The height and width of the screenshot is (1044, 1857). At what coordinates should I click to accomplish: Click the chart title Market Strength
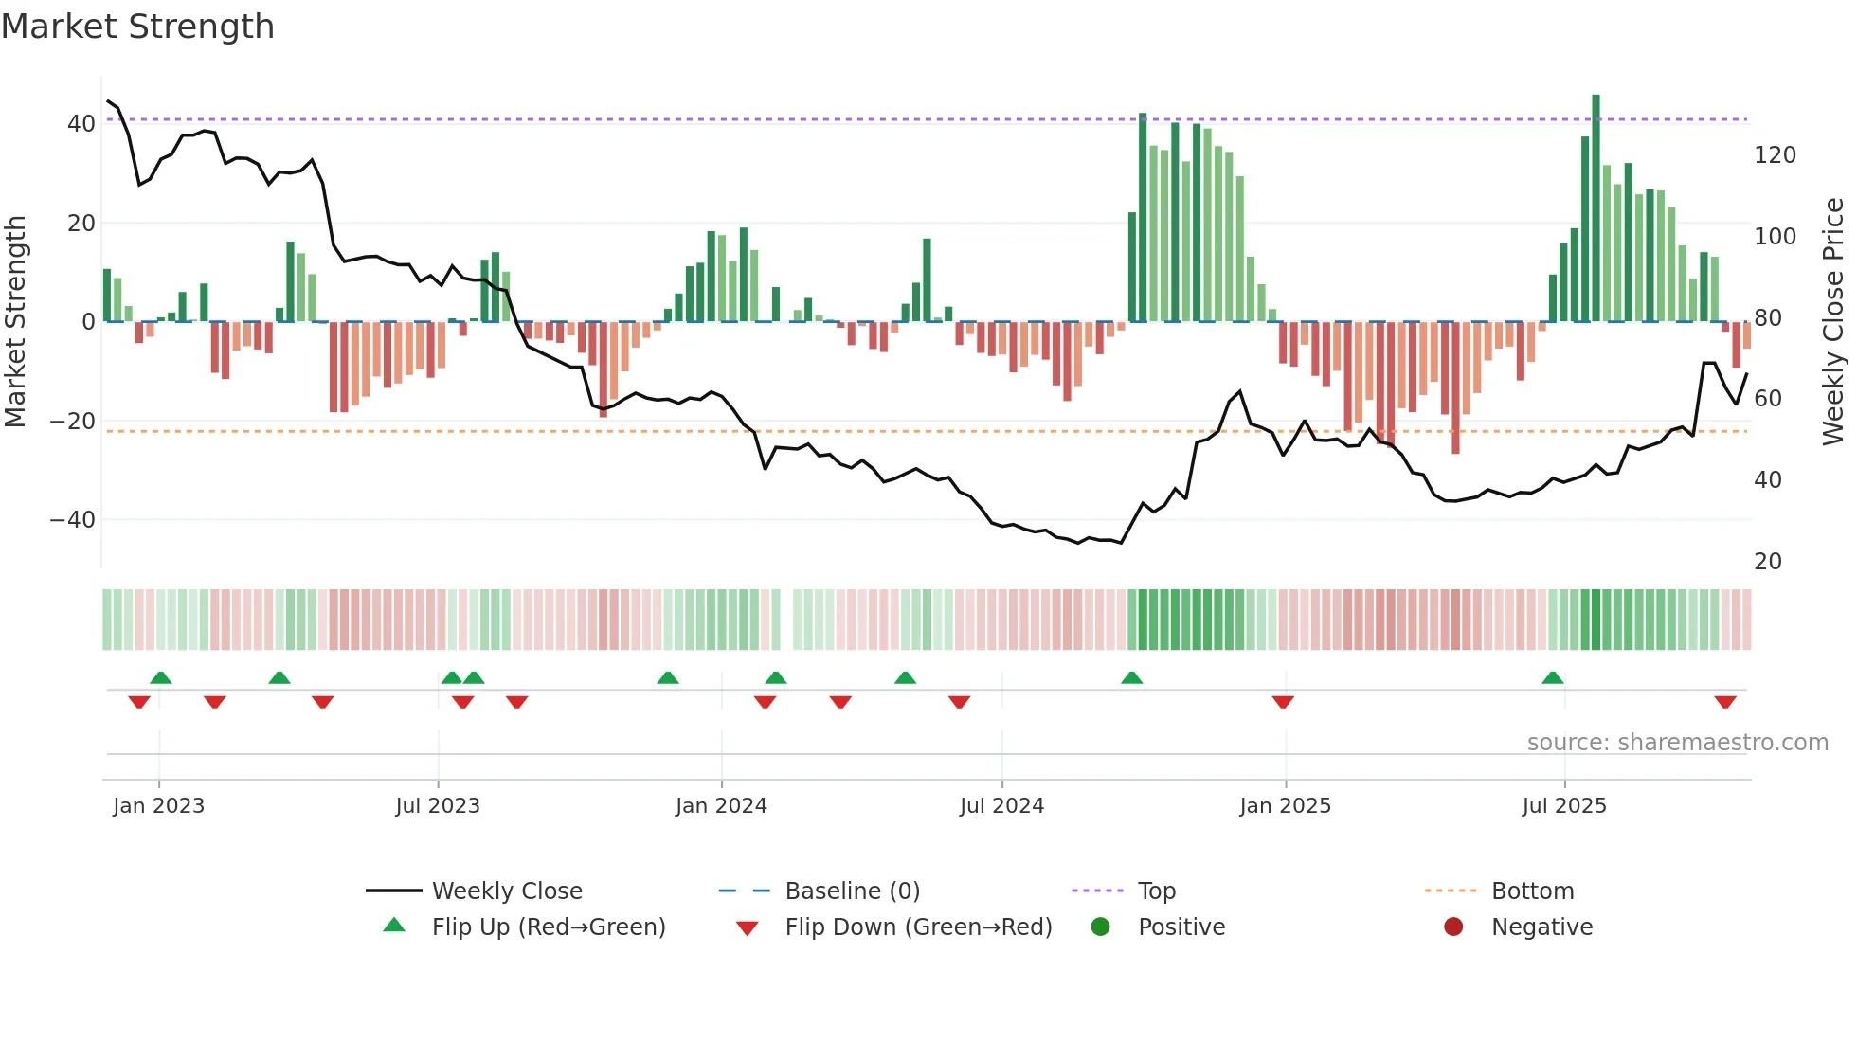(137, 27)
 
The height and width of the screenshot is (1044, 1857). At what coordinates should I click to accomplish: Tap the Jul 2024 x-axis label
(1001, 806)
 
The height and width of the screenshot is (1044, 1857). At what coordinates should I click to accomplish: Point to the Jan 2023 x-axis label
(158, 806)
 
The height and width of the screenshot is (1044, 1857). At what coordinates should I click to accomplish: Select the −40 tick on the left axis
(73, 520)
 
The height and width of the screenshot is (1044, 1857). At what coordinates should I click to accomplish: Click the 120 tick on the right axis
(1775, 155)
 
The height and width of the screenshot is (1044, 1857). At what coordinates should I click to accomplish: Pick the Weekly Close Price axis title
(1833, 322)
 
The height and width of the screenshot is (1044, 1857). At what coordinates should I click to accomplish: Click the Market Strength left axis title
(15, 322)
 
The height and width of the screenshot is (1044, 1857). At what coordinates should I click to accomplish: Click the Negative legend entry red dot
(1453, 927)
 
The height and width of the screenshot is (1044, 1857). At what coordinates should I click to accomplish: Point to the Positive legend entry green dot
(1100, 927)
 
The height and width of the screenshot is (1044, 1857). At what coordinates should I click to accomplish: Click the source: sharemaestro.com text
(1677, 743)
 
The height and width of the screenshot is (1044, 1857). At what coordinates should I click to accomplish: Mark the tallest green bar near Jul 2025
(1596, 208)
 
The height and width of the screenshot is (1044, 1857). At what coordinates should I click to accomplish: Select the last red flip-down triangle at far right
(1724, 702)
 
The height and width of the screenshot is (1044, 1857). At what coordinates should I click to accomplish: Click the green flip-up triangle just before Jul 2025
(1552, 678)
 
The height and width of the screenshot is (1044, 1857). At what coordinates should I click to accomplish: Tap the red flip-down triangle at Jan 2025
(1283, 702)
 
